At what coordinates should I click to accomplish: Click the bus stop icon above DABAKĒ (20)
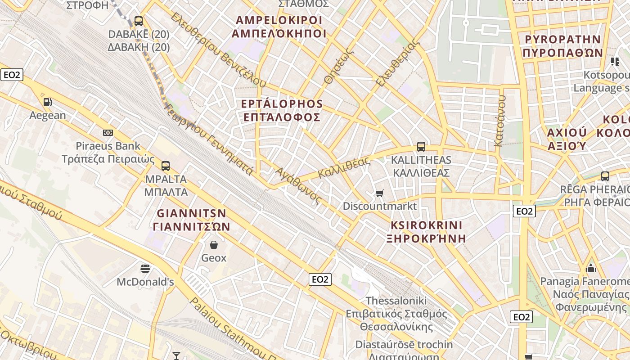coord(139,21)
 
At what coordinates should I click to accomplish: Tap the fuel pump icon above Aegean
coord(47,102)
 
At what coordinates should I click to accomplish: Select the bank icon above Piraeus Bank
coord(108,133)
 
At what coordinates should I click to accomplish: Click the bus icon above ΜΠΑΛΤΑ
coord(166,166)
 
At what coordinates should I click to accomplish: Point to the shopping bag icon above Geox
coord(214,245)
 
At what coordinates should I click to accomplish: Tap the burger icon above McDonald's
coord(145,269)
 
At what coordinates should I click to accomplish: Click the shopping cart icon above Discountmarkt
coord(380,193)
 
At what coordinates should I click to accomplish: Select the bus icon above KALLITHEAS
coord(421,147)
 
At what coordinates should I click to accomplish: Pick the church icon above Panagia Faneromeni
coord(591,269)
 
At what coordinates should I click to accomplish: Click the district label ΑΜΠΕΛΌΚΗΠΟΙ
coord(279,34)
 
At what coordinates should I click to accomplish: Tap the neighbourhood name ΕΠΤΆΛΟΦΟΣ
coord(282,117)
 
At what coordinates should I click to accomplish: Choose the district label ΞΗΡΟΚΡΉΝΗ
coord(426,238)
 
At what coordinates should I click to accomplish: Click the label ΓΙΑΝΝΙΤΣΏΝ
coord(191,226)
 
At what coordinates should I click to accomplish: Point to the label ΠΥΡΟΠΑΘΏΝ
coord(563,52)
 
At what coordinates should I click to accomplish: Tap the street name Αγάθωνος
coord(299,186)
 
